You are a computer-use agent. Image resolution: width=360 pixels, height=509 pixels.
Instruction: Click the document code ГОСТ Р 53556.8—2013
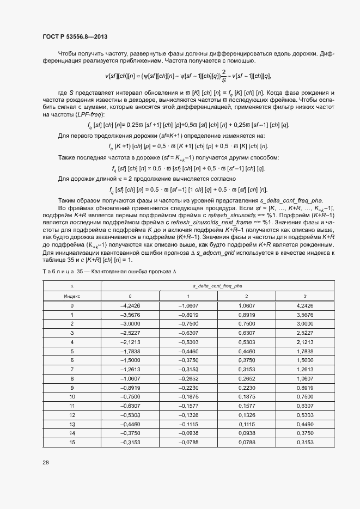coord(75,36)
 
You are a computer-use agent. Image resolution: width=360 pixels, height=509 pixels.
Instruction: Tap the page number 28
coord(46,462)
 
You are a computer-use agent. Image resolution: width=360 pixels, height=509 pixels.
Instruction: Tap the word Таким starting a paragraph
coord(68,201)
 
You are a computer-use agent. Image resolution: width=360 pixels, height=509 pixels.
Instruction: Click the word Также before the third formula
coord(69,157)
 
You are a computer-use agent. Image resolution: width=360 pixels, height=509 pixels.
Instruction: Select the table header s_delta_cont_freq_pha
coord(217,285)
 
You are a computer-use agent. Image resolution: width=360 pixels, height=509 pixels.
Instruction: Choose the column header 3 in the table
coord(304,296)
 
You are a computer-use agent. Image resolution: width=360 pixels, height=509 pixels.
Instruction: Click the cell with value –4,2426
coord(130,306)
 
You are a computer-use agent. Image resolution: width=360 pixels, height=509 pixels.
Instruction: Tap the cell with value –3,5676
coord(130,316)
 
